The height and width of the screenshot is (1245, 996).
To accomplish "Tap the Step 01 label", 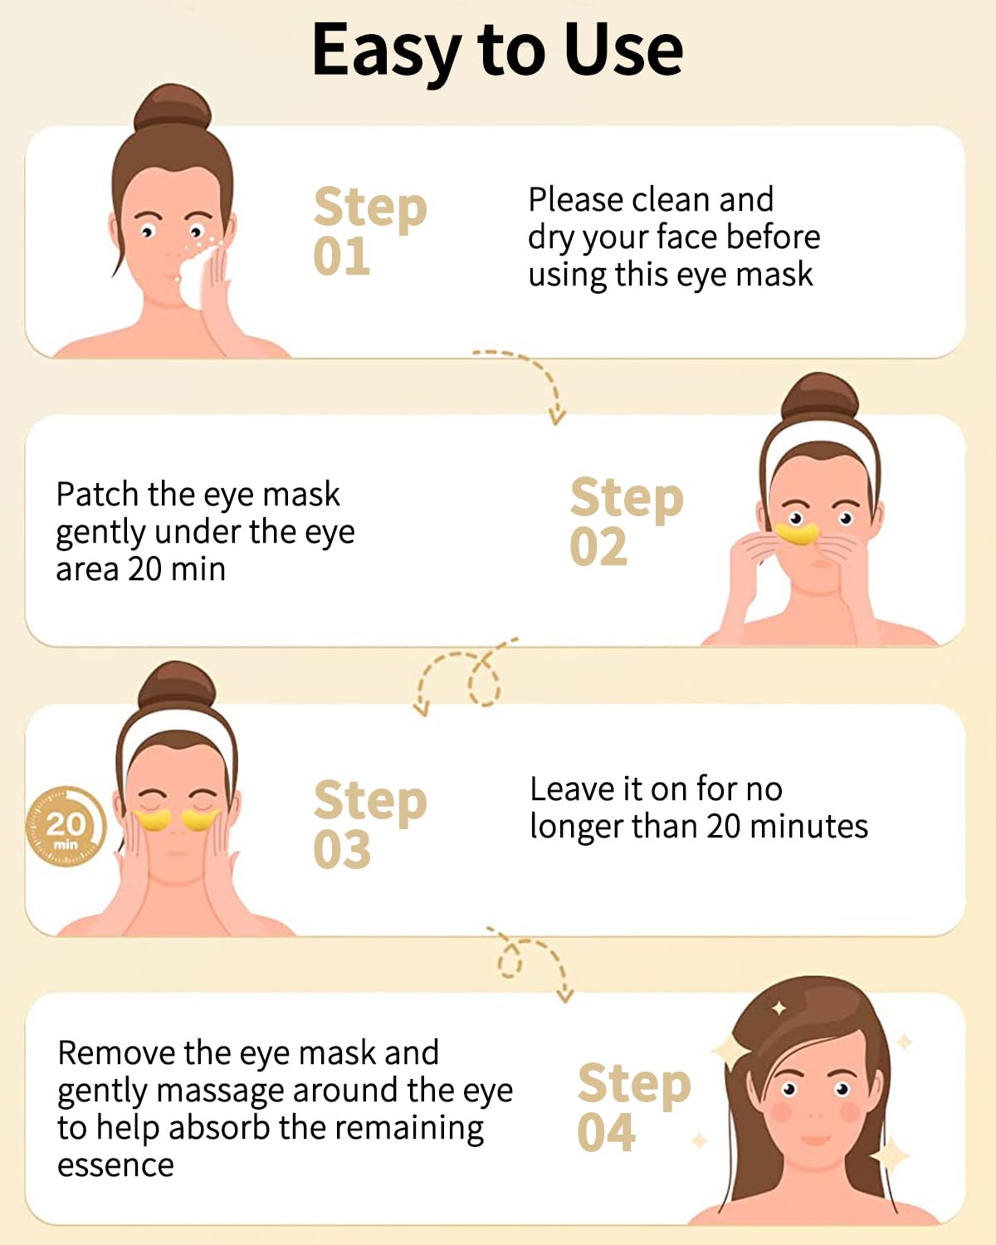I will click(x=369, y=232).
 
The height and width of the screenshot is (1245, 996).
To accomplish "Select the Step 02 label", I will click(x=625, y=522).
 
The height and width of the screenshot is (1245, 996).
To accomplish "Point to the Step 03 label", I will click(x=369, y=825).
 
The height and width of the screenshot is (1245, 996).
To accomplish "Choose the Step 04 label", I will click(x=632, y=1108).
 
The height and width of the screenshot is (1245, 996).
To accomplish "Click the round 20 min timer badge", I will click(x=66, y=827).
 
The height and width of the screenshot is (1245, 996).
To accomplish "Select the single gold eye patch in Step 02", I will click(x=798, y=532).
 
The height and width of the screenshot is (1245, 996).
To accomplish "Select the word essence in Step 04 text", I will click(x=115, y=1165).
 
